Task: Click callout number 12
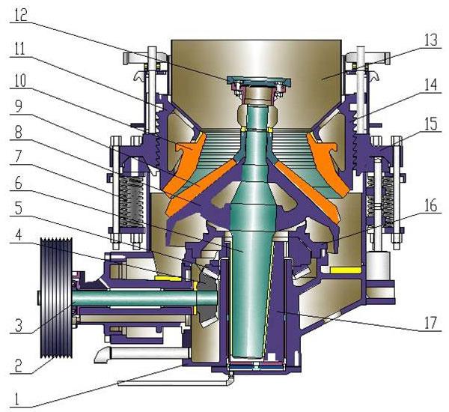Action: pos(21,15)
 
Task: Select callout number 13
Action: pos(431,40)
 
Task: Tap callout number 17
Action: pos(430,323)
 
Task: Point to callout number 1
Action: pos(17,399)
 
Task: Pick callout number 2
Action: pos(18,366)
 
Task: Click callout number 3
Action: pos(18,325)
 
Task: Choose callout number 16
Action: pos(430,206)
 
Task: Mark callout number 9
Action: pos(18,106)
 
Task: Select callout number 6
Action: pos(18,183)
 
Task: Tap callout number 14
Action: pos(431,85)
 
